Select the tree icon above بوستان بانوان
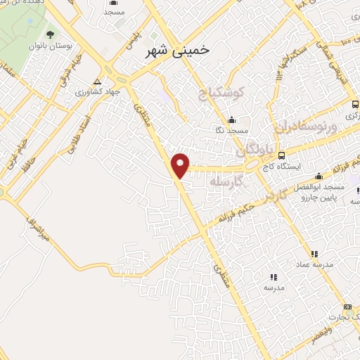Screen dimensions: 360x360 click(x=49, y=34)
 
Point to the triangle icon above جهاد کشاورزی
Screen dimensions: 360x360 click(x=107, y=80)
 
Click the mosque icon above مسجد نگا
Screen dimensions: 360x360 click(x=232, y=119)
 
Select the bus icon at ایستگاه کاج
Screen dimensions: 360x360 click(x=282, y=155)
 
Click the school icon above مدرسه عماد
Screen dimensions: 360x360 click(x=314, y=253)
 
